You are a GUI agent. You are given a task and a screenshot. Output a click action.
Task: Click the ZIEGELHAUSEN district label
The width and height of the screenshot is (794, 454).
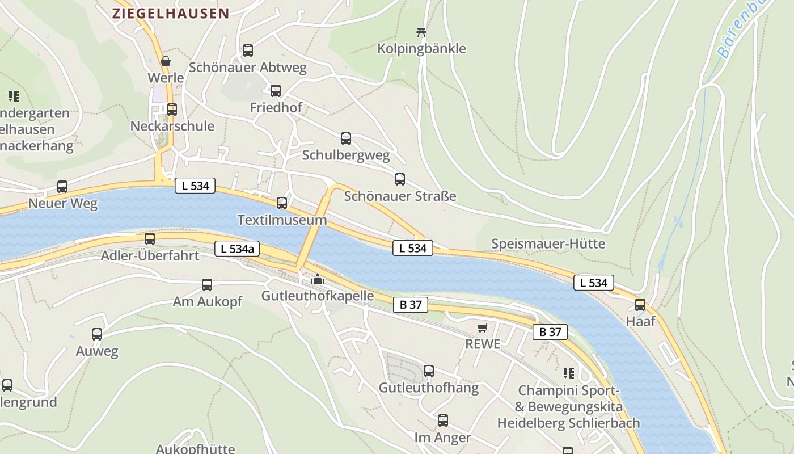(x=171, y=14)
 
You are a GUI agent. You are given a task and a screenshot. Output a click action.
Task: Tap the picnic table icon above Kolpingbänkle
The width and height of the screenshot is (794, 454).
(x=421, y=31)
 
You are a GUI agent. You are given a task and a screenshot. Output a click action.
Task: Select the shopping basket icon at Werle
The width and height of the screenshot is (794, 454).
(x=166, y=61)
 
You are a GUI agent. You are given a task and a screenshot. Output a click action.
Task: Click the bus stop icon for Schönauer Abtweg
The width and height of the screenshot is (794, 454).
(x=248, y=51)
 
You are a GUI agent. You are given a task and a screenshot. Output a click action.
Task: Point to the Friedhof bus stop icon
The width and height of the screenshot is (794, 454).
(x=276, y=91)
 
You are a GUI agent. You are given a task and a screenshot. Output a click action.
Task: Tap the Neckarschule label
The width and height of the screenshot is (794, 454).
(x=172, y=126)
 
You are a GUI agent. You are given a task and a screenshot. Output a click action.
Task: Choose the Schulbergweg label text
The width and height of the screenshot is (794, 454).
(x=346, y=155)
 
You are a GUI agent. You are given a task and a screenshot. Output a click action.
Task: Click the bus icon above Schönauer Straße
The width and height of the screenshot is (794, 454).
(x=400, y=180)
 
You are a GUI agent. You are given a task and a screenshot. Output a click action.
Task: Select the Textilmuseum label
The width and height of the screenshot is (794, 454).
(x=282, y=220)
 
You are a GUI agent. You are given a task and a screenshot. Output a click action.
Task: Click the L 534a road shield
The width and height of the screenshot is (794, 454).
(x=236, y=248)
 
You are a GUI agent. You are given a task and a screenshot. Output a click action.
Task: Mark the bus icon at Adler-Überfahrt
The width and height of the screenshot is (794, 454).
(x=150, y=239)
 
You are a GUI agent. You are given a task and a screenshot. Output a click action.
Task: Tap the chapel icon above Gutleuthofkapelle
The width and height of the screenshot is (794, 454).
(x=317, y=279)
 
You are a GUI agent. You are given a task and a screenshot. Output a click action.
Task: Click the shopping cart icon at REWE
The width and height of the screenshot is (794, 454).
(x=483, y=327)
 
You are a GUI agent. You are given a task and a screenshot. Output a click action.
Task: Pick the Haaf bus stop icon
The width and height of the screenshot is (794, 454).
(x=640, y=305)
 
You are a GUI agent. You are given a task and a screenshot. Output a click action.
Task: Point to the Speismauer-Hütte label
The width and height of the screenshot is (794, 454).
(x=548, y=244)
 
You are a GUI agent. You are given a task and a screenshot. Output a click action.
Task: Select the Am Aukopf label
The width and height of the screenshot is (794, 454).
(x=207, y=302)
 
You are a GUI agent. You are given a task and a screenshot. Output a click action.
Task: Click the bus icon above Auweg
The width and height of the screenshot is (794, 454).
(x=97, y=334)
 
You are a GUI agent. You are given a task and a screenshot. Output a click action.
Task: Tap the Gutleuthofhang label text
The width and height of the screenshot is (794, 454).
(x=428, y=388)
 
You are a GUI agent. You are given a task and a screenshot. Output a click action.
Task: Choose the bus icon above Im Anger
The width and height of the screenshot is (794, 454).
(x=443, y=421)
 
